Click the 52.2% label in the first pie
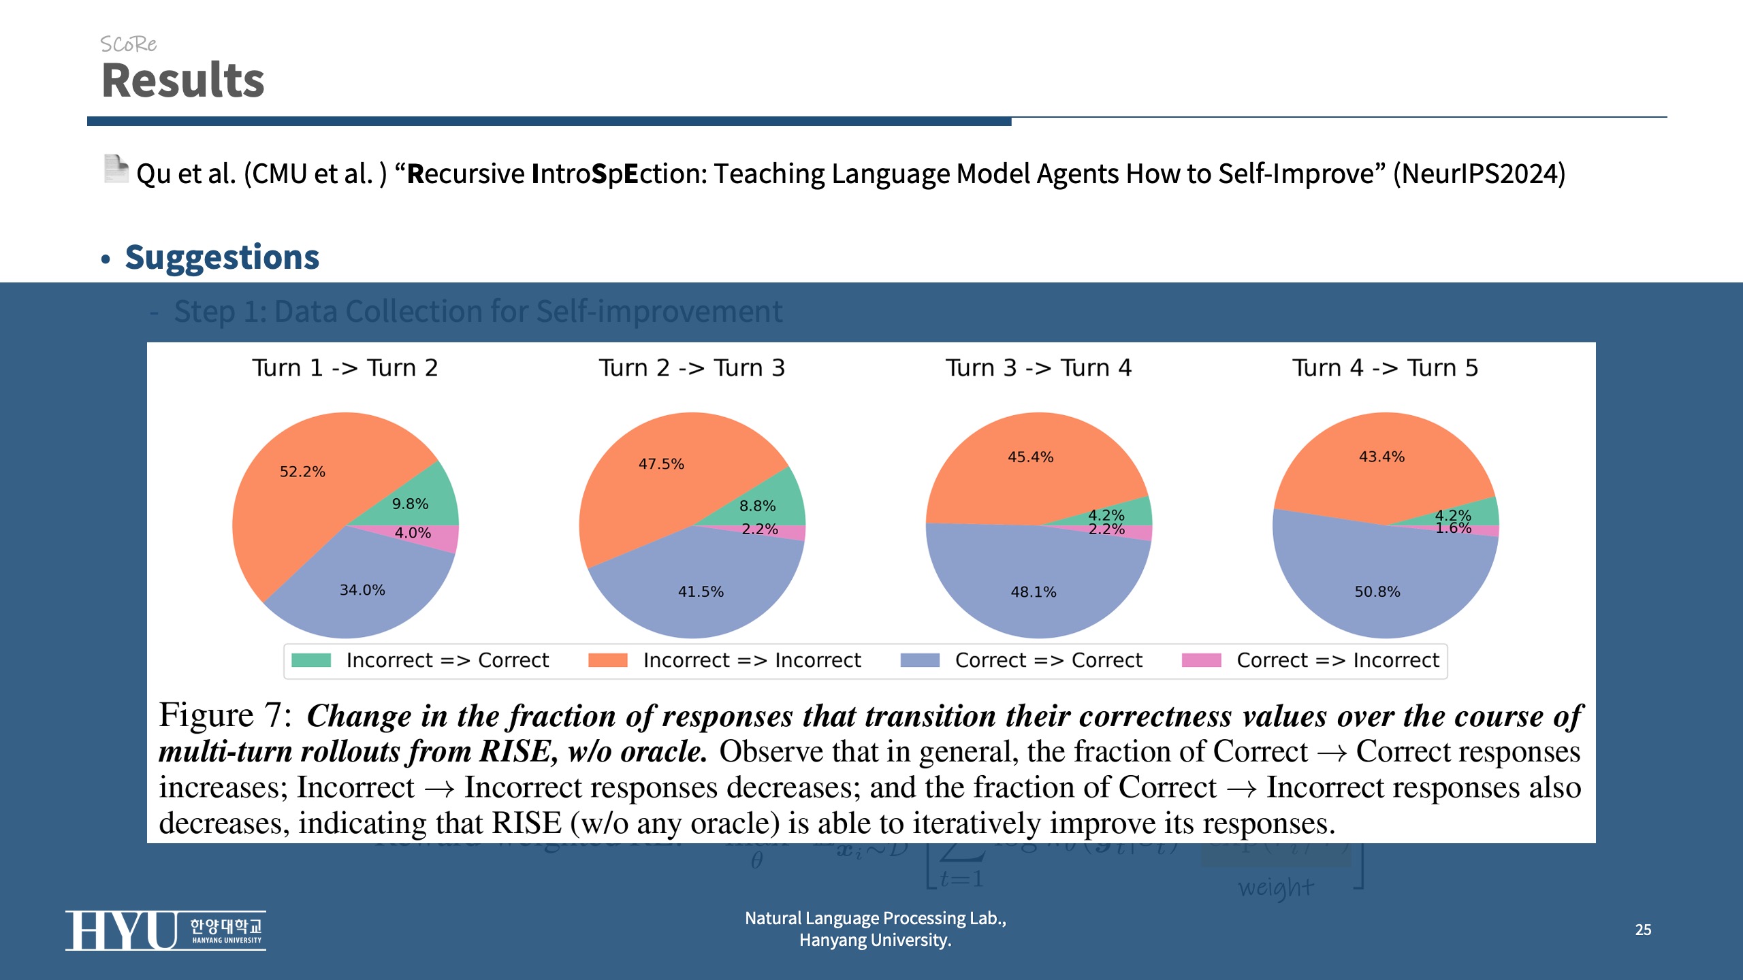(302, 472)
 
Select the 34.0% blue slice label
(362, 590)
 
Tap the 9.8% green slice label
(410, 504)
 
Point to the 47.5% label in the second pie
(661, 464)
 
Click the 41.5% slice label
(701, 591)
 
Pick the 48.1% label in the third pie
(1034, 592)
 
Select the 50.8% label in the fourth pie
(1377, 592)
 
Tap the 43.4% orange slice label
(1381, 457)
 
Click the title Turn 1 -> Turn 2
(345, 368)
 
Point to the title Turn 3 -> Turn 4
(1038, 368)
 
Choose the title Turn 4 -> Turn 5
(1386, 368)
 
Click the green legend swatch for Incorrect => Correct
(311, 660)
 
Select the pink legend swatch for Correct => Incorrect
(1201, 660)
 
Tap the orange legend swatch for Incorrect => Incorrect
(607, 660)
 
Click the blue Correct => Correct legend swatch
(920, 660)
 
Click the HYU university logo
(165, 930)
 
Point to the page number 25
(1643, 930)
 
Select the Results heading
(182, 80)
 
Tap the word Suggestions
(222, 257)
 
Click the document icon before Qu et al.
(116, 169)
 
